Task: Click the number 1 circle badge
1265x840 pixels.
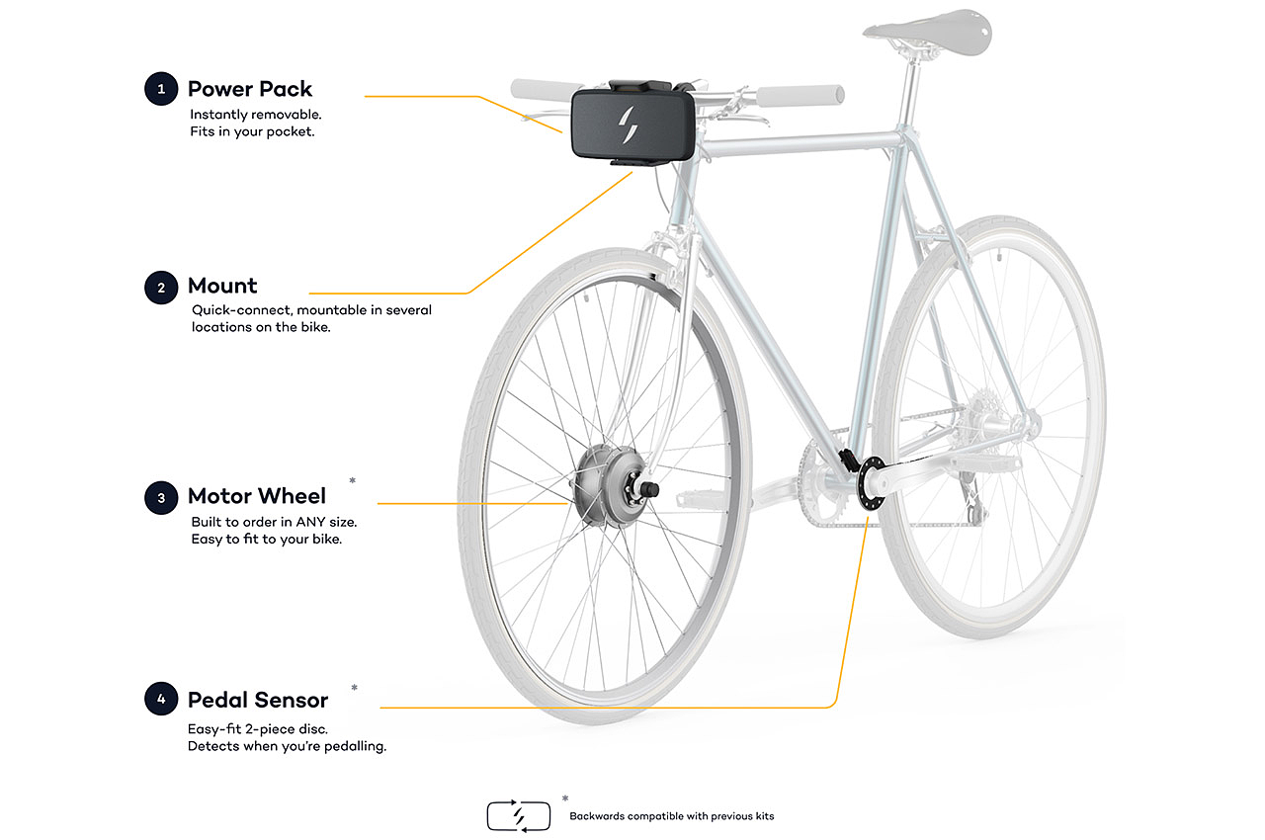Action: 160,89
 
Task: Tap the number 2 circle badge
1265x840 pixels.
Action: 160,288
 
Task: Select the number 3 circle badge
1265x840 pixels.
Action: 160,497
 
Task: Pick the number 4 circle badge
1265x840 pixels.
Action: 160,700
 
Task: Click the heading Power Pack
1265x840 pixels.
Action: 250,89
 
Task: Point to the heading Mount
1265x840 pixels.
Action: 222,287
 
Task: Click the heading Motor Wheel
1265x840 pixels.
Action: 257,496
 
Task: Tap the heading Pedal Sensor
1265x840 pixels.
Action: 258,700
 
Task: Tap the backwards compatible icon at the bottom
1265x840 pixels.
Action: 519,815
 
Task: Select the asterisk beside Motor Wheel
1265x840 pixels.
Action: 353,481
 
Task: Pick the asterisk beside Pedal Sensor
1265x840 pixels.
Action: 354,687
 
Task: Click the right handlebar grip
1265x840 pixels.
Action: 801,95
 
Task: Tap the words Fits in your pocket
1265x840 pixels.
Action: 252,131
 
